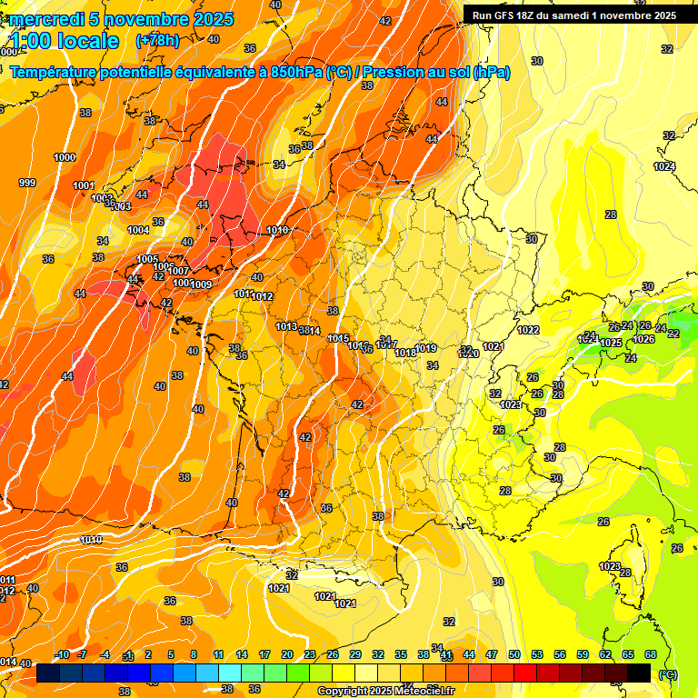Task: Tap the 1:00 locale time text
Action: [x=65, y=40]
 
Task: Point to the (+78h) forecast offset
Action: [x=156, y=40]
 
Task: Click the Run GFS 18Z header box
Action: [x=571, y=15]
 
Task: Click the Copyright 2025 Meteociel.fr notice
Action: [x=386, y=691]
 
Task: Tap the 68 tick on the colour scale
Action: [x=651, y=654]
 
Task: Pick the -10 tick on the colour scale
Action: [x=63, y=654]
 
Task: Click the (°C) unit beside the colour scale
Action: [x=668, y=673]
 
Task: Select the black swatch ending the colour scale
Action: [x=639, y=673]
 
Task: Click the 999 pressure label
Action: [x=27, y=183]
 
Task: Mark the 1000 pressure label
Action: [x=65, y=157]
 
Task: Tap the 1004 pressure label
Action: [x=138, y=230]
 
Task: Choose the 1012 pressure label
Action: [x=264, y=297]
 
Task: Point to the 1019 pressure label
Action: [x=426, y=348]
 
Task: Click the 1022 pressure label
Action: [x=528, y=330]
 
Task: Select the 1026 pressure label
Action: [x=643, y=339]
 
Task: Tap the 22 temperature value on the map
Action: [x=673, y=334]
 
